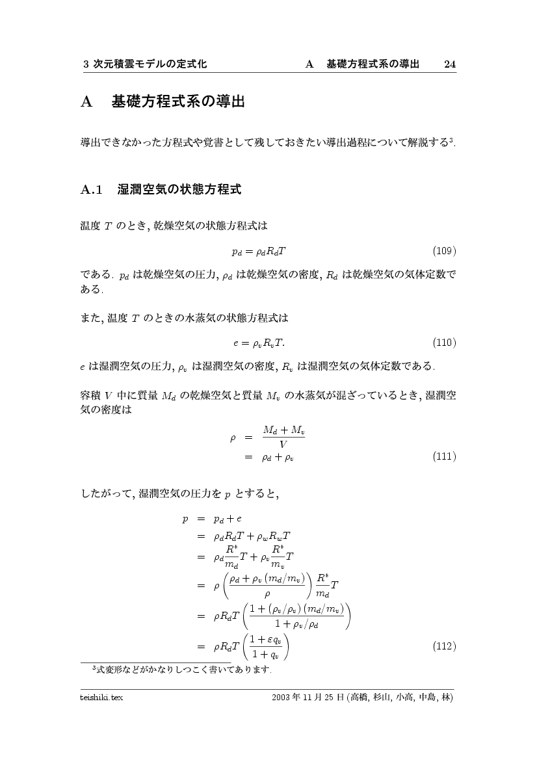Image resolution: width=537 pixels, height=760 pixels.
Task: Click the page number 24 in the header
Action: pos(449,64)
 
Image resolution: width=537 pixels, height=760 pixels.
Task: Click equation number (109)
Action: pos(444,250)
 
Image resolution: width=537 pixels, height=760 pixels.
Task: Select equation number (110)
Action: pos(444,343)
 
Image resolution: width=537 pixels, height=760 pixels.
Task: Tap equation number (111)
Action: pos(444,457)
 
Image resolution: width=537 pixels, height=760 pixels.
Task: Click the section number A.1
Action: pos(92,190)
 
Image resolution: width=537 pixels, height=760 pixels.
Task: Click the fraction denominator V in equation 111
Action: pos(283,445)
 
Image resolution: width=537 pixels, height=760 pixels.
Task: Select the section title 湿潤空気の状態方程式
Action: pos(179,190)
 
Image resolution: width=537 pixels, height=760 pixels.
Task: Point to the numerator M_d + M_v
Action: pos(283,430)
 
